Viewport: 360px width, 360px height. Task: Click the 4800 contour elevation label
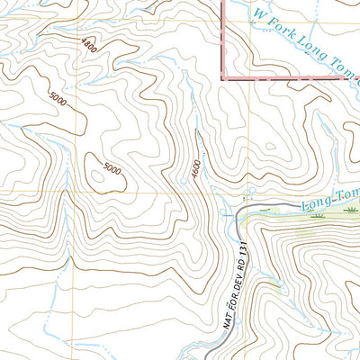88,44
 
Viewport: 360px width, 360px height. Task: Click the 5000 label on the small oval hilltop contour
111,167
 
